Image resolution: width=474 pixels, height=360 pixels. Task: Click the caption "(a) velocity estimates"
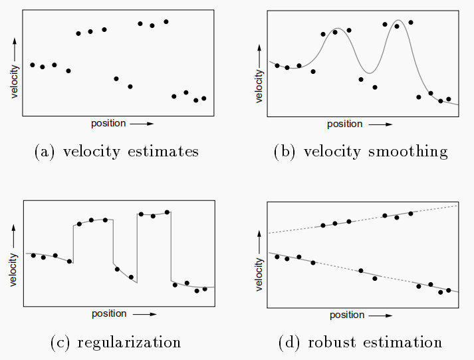point(116,152)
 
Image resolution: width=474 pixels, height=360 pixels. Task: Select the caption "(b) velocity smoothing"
point(361,152)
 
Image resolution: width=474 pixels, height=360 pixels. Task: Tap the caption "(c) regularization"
point(116,343)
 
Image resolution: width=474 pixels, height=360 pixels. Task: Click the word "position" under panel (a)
point(108,124)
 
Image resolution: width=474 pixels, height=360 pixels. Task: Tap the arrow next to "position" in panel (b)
point(380,124)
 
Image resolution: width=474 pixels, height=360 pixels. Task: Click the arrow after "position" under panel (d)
point(380,315)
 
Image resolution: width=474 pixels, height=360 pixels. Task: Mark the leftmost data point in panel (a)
point(33,65)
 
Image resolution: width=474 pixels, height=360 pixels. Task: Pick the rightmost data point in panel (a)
point(204,98)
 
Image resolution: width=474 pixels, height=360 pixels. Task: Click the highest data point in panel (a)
point(166,21)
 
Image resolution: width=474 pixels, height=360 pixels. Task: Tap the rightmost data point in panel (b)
point(449,99)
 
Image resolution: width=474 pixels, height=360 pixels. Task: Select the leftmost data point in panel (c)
point(33,256)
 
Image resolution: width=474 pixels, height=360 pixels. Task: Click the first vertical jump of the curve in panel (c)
point(72,243)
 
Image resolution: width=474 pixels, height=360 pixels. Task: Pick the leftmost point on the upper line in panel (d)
point(323,226)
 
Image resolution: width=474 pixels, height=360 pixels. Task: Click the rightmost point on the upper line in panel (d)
point(411,213)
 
